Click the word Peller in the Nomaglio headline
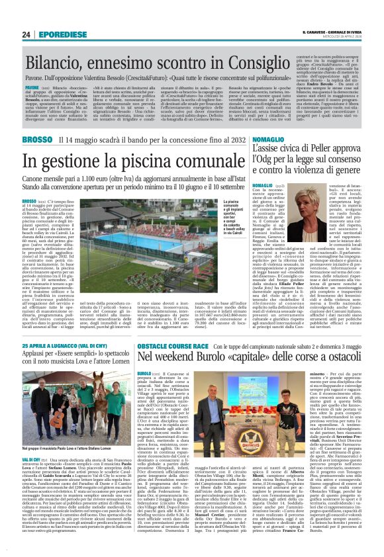(331, 150)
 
